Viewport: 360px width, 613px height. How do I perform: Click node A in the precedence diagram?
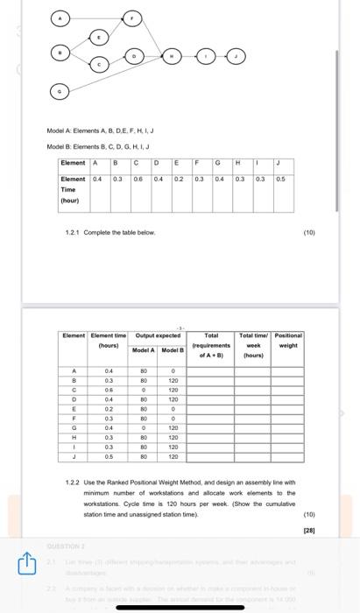pos(60,18)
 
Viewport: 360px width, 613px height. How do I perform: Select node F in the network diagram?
pos(132,18)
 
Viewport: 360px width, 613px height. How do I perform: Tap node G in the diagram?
pos(60,90)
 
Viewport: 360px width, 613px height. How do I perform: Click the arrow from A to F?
pos(96,18)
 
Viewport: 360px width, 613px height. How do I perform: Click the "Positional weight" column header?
pos(288,340)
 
